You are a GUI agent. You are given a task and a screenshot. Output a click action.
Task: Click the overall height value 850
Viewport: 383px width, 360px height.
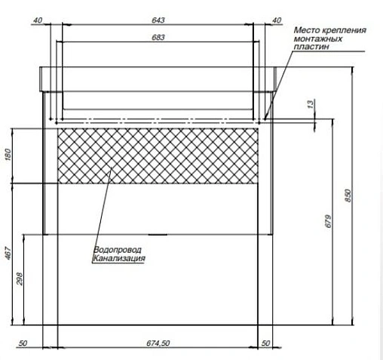(348, 195)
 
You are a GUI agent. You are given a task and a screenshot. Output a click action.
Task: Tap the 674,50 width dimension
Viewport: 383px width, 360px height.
(158, 344)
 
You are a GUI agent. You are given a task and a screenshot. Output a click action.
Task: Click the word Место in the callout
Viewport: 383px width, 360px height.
(305, 30)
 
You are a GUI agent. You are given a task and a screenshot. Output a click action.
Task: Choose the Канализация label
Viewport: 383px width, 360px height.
(118, 258)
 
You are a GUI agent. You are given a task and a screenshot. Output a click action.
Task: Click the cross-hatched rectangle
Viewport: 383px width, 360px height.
(158, 155)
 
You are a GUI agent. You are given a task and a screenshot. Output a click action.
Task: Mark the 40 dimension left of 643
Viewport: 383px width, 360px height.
(38, 20)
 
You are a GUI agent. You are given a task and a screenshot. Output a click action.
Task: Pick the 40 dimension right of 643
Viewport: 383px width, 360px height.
(276, 20)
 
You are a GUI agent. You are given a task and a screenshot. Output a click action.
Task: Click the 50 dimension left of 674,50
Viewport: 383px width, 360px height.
(23, 344)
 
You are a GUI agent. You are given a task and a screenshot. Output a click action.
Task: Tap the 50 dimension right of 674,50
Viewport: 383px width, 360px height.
(265, 344)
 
